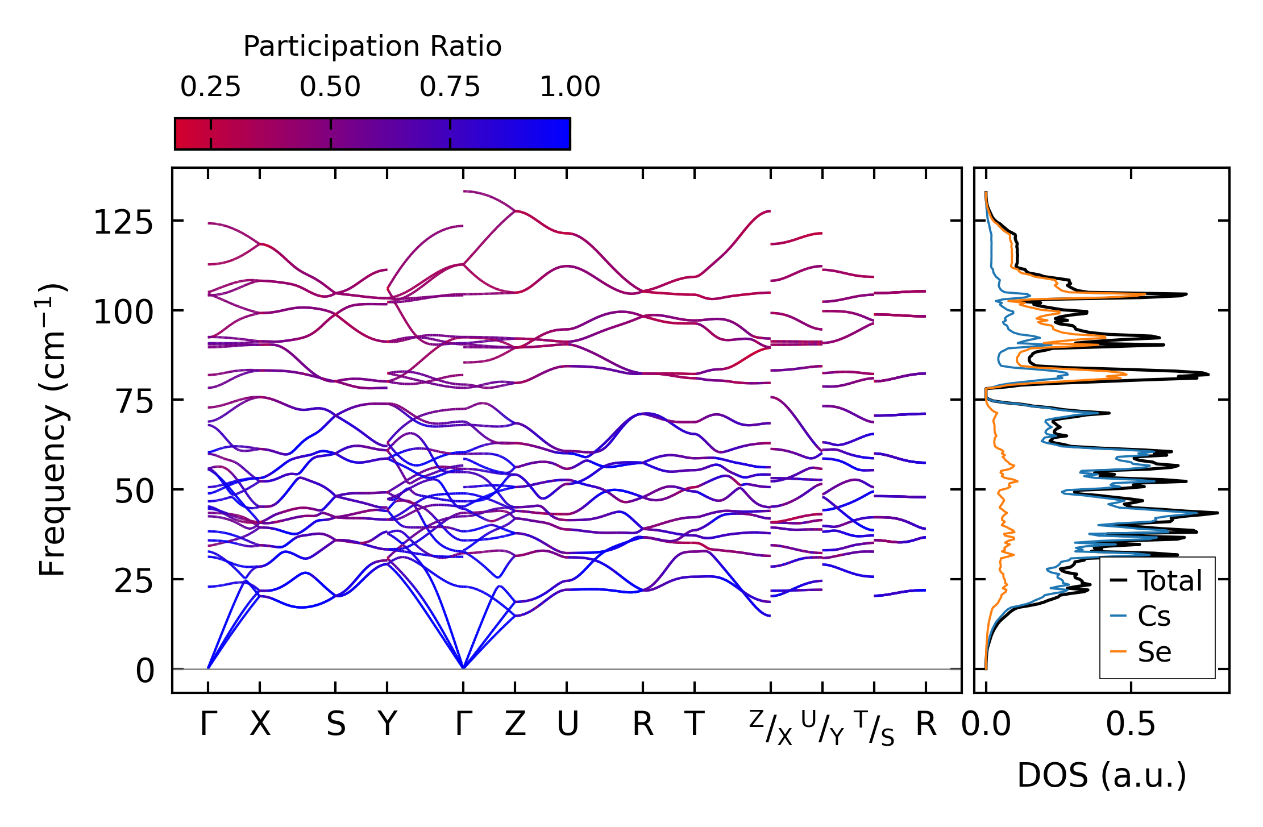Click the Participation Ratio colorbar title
[x=372, y=47]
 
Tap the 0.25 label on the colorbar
[x=210, y=88]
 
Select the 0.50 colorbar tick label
[x=330, y=88]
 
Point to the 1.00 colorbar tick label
[x=570, y=88]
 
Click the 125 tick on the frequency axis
[x=123, y=222]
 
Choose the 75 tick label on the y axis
[x=135, y=402]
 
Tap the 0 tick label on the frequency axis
[x=145, y=671]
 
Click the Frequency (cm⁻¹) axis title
[x=53, y=430]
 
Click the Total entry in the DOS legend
[x=1170, y=581]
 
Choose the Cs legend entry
[x=1154, y=616]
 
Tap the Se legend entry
[x=1154, y=652]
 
